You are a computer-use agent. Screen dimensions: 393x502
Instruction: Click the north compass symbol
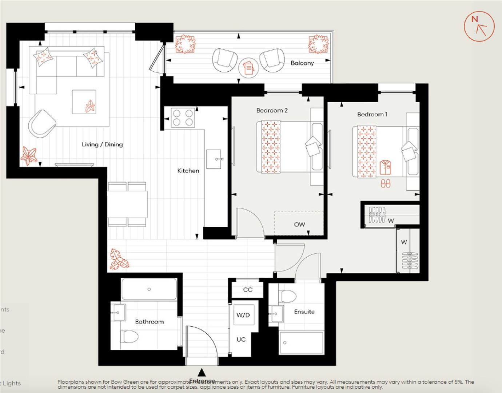point(479,26)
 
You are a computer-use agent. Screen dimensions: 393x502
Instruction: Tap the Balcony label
point(302,63)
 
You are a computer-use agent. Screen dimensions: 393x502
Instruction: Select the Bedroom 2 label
point(272,110)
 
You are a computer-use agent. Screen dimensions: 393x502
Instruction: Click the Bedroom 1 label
point(372,114)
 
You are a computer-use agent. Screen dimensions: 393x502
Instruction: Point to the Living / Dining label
point(102,144)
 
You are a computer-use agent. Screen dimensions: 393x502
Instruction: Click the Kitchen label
point(188,171)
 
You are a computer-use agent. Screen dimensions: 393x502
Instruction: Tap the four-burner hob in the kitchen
point(183,118)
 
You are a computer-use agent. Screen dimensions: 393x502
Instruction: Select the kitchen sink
point(214,159)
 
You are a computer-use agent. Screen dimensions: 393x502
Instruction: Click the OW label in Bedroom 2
point(299,225)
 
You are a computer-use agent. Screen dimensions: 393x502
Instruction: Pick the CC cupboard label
point(248,290)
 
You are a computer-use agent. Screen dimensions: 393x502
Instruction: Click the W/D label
point(243,315)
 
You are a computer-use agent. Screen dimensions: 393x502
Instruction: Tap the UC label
point(241,339)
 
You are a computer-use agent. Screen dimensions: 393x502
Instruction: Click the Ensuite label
point(304,311)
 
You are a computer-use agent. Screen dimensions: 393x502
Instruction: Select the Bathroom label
point(149,322)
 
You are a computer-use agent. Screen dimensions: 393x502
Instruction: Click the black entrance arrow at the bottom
point(201,372)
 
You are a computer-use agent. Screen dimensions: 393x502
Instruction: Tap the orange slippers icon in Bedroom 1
point(385,183)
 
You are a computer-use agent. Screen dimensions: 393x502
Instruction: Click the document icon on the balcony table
point(248,68)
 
